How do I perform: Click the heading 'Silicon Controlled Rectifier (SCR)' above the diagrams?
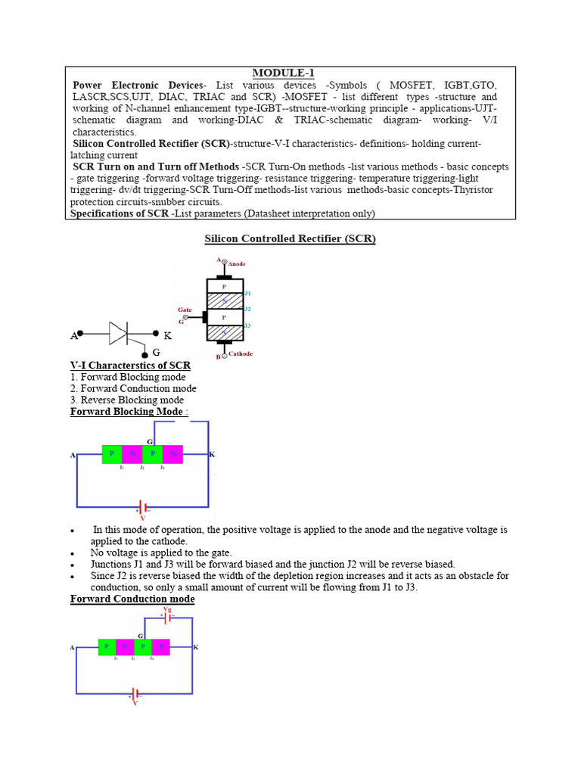tap(290, 239)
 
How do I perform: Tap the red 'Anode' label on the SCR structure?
tap(237, 264)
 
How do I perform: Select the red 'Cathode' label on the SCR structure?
tap(241, 353)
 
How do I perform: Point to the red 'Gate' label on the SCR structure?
tap(185, 310)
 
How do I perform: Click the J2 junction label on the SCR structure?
tap(248, 309)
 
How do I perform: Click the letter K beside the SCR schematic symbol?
tap(168, 335)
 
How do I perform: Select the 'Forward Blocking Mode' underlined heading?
tap(126, 412)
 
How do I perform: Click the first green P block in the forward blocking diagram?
tap(112, 454)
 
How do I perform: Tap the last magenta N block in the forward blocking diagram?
tap(173, 454)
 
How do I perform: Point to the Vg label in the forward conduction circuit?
tap(167, 608)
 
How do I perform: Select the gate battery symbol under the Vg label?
tap(167, 618)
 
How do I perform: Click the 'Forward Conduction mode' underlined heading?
tap(132, 599)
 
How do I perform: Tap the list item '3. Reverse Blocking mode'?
tap(127, 400)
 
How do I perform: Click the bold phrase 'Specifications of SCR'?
tap(120, 213)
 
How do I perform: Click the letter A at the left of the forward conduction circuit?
tap(72, 648)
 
